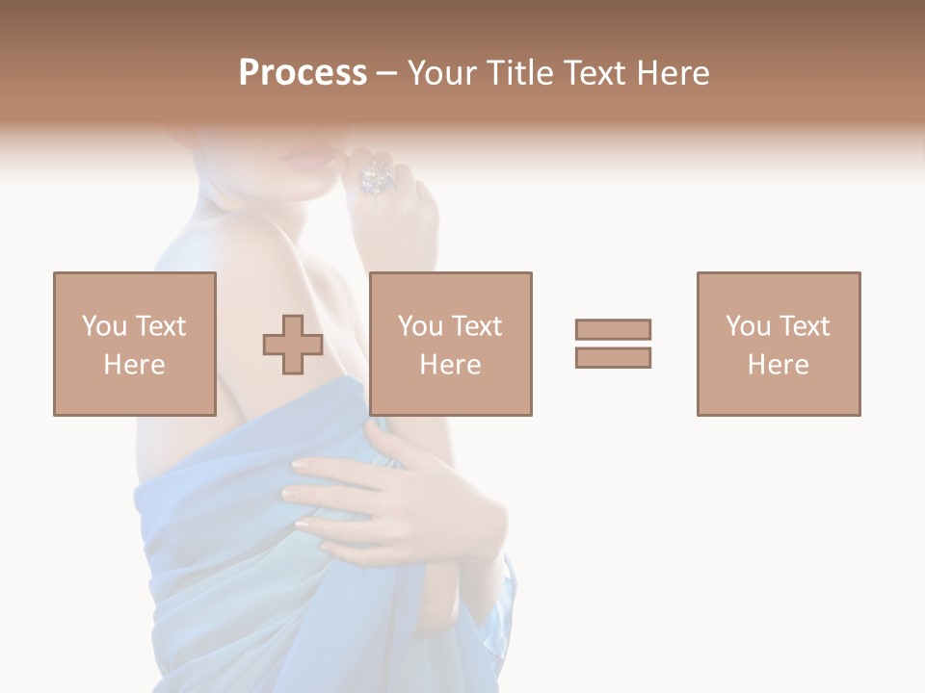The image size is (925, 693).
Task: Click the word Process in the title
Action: pos(303,73)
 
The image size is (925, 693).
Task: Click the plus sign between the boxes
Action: pos(293,344)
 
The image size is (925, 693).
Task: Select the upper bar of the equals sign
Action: pos(613,329)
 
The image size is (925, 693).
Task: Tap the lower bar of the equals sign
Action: pos(613,357)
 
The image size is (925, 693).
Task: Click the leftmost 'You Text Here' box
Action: pos(135,344)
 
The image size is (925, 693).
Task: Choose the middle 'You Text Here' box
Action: pos(451,344)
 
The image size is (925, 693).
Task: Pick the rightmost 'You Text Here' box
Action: pos(779,344)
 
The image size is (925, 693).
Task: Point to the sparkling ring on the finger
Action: pos(375,177)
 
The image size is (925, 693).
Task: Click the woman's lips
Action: pos(306,158)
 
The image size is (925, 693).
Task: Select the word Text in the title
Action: pos(596,73)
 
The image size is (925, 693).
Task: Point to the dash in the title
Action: pos(387,73)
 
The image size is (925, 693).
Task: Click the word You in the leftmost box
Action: pos(103,326)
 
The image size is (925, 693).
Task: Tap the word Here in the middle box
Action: pos(451,365)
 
